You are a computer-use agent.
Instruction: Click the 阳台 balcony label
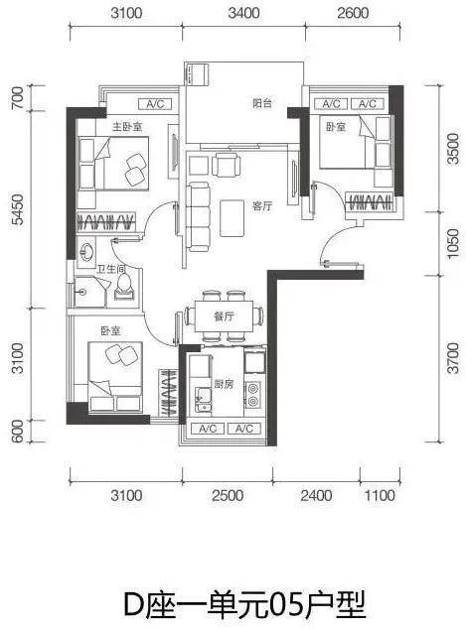[262, 103]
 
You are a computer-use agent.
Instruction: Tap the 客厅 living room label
[262, 206]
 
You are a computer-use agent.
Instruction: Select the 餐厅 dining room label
[224, 316]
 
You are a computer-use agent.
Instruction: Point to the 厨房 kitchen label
[224, 384]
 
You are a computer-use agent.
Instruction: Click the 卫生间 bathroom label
[111, 269]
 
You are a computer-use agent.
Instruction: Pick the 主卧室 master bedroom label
[127, 127]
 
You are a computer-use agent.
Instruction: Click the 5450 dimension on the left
[18, 209]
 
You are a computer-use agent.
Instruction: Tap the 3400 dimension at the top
[243, 13]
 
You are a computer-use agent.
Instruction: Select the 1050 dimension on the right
[453, 243]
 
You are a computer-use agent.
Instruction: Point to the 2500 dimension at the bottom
[228, 495]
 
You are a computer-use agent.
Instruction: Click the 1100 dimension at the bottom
[380, 495]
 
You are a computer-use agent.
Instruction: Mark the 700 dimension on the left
[18, 98]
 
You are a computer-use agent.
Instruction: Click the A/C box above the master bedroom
[155, 104]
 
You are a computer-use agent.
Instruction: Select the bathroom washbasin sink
[86, 252]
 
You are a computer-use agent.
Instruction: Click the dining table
[224, 316]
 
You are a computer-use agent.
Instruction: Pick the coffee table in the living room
[232, 218]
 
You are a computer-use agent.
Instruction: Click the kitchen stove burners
[253, 394]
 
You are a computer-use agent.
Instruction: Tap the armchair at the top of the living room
[227, 165]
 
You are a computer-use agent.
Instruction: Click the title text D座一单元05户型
[244, 604]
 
